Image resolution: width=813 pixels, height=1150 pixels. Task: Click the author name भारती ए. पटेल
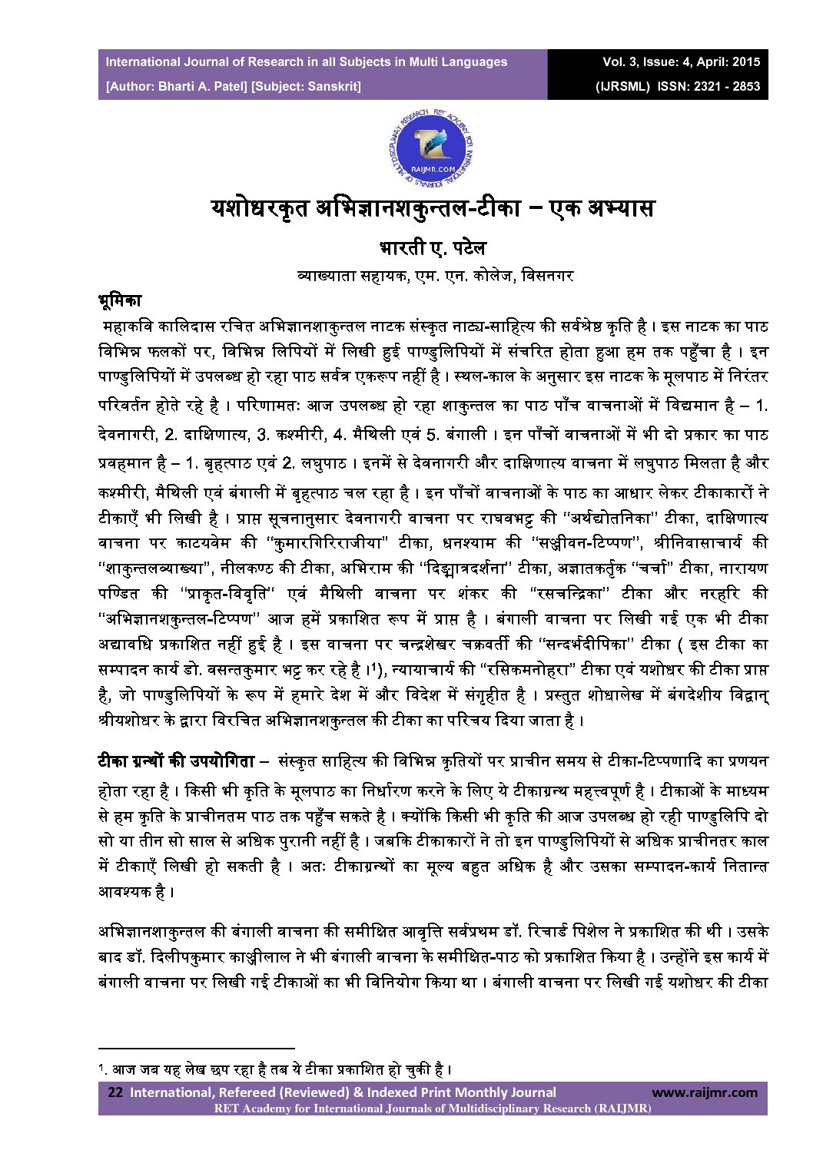click(x=433, y=249)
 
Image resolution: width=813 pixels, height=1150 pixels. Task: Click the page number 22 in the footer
click(x=115, y=1092)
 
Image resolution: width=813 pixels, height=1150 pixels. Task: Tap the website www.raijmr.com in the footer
click(x=704, y=1092)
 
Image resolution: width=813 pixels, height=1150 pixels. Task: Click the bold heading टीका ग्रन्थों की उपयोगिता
click(x=175, y=762)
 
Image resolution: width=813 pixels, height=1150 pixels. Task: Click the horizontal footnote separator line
click(x=197, y=1047)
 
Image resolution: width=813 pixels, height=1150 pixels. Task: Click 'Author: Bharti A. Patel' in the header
click(x=174, y=86)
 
